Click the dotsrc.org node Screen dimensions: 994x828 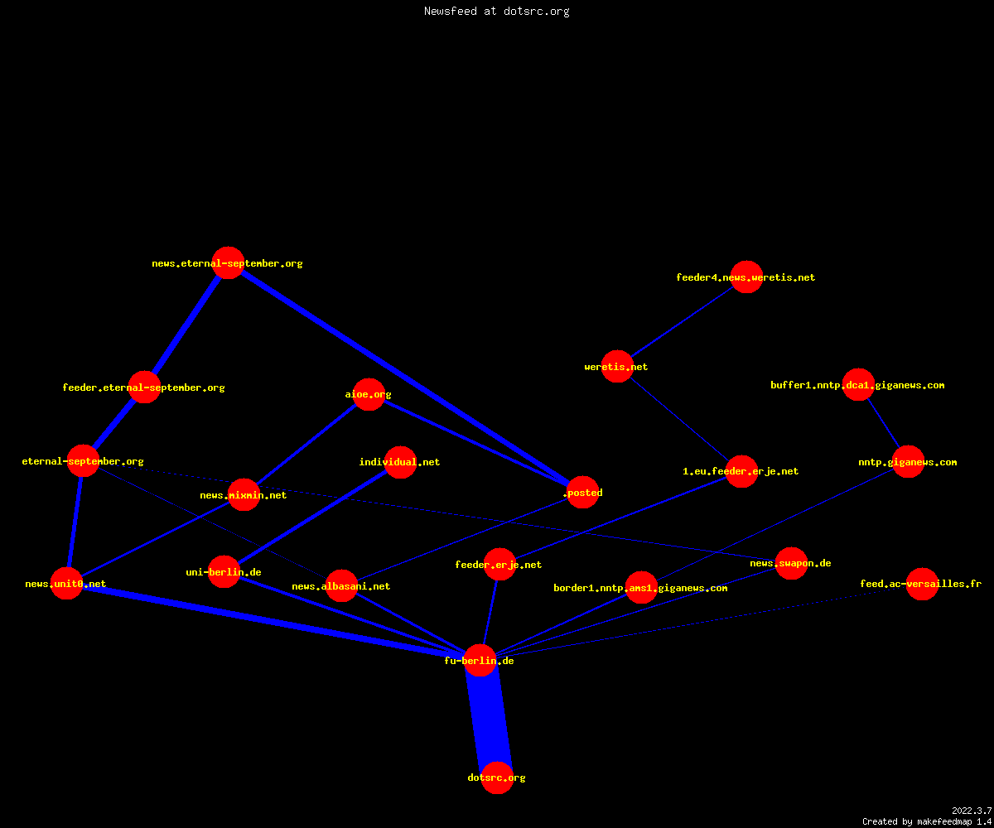497,777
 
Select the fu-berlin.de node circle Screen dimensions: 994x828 480,660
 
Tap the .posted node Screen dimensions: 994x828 582,492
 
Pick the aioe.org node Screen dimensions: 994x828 369,394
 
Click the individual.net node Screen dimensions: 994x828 400,462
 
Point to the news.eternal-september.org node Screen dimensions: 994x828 229,262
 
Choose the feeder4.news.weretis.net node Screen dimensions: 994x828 746,277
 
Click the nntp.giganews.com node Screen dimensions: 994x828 909,461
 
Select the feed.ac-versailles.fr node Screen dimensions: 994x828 922,584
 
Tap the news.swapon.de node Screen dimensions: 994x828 791,563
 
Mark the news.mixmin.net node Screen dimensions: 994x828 244,495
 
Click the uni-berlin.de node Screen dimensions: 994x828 224,571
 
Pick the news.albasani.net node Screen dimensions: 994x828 341,585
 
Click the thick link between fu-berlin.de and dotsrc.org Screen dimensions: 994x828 489,719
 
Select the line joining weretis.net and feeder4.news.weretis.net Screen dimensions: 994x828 682,322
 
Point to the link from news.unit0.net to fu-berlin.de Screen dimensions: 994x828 273,622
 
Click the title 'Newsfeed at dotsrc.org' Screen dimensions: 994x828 496,12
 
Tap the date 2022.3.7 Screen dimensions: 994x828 972,811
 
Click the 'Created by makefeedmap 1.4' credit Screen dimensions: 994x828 927,821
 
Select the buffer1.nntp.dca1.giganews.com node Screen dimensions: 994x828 858,384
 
